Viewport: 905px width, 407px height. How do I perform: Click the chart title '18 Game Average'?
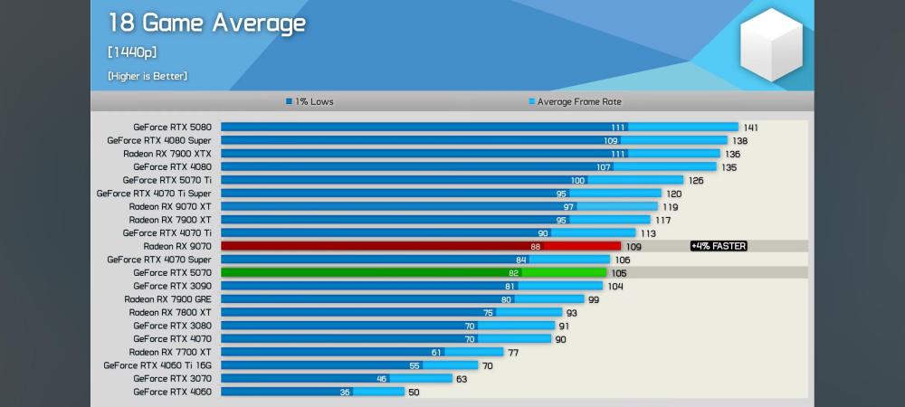click(207, 24)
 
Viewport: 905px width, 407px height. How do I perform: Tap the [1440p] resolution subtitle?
click(132, 52)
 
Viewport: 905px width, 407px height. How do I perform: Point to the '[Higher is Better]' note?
click(148, 76)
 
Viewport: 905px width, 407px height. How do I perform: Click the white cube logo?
click(771, 44)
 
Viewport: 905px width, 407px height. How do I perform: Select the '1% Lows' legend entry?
click(310, 102)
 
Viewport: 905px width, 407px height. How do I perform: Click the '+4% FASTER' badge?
click(719, 246)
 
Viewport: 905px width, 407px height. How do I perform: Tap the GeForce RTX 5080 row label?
click(172, 128)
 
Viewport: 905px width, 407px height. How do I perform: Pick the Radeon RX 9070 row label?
click(177, 246)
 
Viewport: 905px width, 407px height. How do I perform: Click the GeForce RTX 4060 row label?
click(172, 392)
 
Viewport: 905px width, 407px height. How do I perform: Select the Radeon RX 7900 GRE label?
click(168, 299)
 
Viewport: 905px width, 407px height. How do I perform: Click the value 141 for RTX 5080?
click(750, 128)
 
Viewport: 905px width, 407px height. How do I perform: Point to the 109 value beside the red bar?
click(633, 247)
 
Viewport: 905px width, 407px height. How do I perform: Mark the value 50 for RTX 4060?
click(414, 393)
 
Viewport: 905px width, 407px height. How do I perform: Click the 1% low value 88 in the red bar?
click(536, 247)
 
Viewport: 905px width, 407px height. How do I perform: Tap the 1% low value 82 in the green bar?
click(514, 273)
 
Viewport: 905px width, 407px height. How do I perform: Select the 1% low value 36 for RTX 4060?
click(345, 393)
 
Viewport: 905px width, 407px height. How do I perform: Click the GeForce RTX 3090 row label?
click(172, 286)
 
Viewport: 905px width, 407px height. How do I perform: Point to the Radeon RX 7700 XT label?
click(170, 352)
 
